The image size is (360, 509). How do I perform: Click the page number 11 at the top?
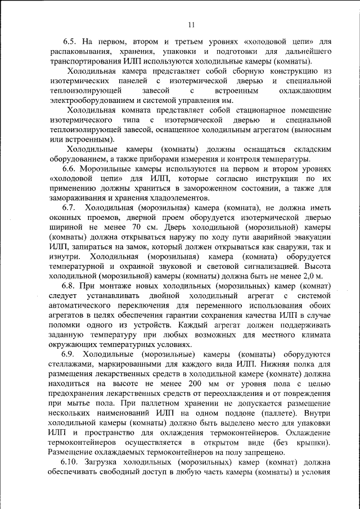pos(191,24)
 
